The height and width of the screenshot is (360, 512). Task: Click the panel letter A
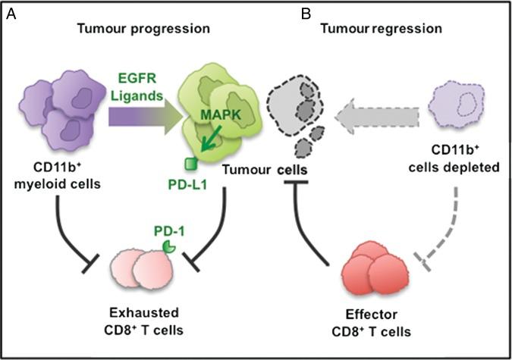(11, 14)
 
